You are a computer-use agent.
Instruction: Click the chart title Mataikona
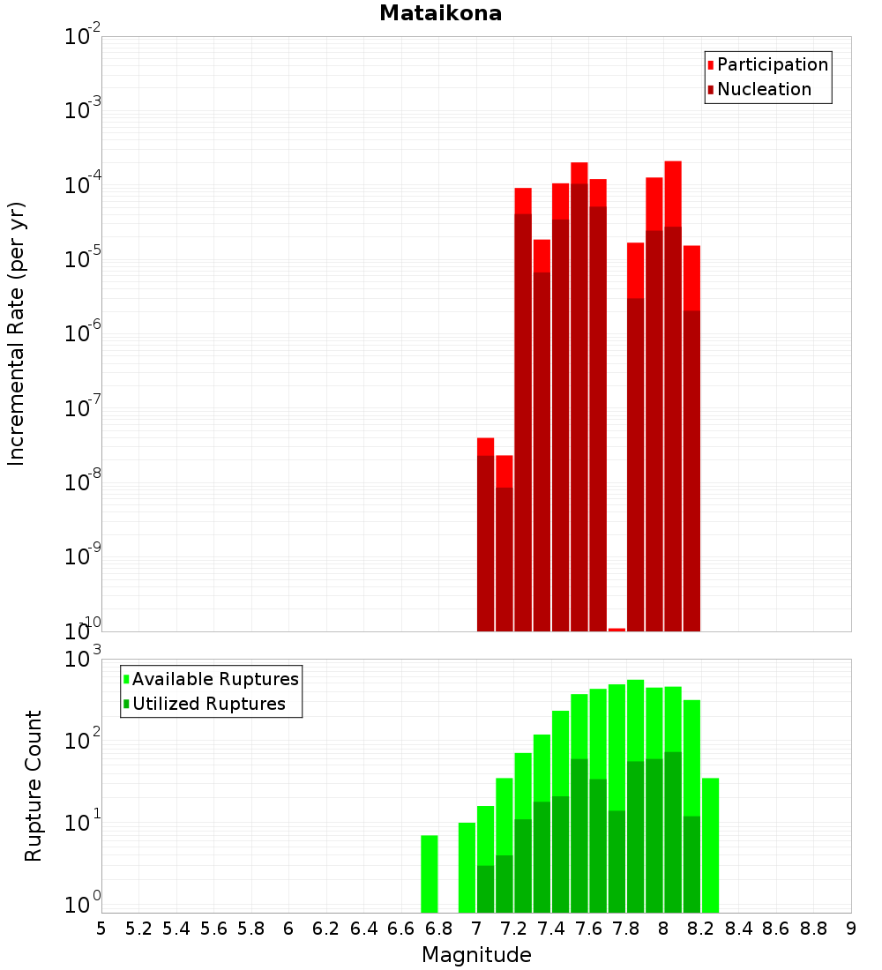(x=440, y=13)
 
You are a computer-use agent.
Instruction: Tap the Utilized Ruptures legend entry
(x=208, y=704)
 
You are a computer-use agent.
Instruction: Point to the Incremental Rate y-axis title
(x=17, y=334)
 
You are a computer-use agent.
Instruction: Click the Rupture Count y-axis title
(x=34, y=786)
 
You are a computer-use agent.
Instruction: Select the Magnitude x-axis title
(x=476, y=955)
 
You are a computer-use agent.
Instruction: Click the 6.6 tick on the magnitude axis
(x=401, y=929)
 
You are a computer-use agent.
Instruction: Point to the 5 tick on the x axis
(x=101, y=929)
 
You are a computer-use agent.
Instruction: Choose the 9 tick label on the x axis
(x=851, y=929)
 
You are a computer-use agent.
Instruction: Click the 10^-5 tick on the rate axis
(x=83, y=258)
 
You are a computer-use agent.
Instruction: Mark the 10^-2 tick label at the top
(x=83, y=37)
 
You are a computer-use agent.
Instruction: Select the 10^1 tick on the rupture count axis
(x=83, y=823)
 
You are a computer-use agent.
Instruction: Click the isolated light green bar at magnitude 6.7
(x=430, y=874)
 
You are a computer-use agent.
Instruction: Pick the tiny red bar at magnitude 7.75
(x=617, y=630)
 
